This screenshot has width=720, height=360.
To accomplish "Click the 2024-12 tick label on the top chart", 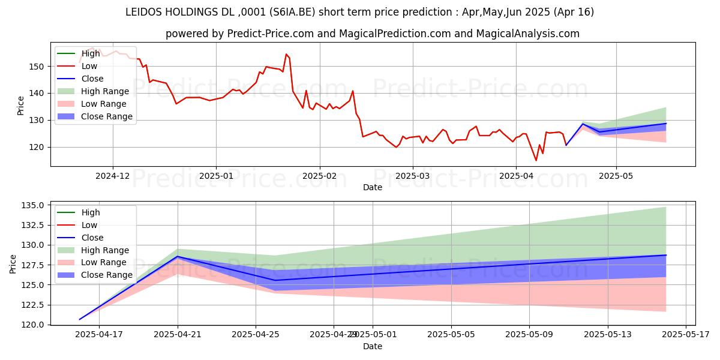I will pyautogui.click(x=113, y=176).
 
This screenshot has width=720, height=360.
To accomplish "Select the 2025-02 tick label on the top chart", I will pyautogui.click(x=319, y=176).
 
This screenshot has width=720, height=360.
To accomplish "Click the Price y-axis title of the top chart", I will pyautogui.click(x=20, y=105).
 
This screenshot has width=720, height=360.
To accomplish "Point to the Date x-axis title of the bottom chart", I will pyautogui.click(x=373, y=346).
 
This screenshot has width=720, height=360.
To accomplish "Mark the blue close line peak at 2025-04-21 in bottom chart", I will pyautogui.click(x=178, y=256).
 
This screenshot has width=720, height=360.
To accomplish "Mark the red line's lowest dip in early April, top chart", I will pyautogui.click(x=536, y=160).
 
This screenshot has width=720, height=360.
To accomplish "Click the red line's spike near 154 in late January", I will pyautogui.click(x=286, y=54).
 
